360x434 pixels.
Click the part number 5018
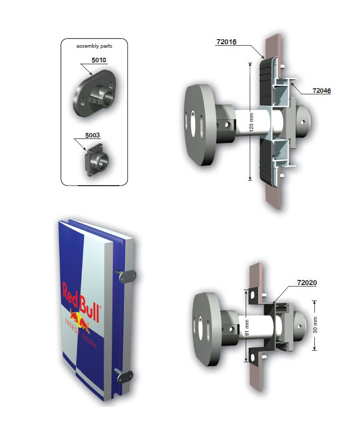[99, 60]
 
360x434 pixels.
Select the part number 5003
[92, 135]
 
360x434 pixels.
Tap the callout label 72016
[227, 42]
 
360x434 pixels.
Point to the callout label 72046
[321, 90]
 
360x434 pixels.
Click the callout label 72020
[307, 282]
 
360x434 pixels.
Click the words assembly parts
[94, 46]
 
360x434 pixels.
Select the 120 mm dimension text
[252, 122]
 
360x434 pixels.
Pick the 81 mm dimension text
[247, 328]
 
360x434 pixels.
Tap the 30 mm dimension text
[315, 325]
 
